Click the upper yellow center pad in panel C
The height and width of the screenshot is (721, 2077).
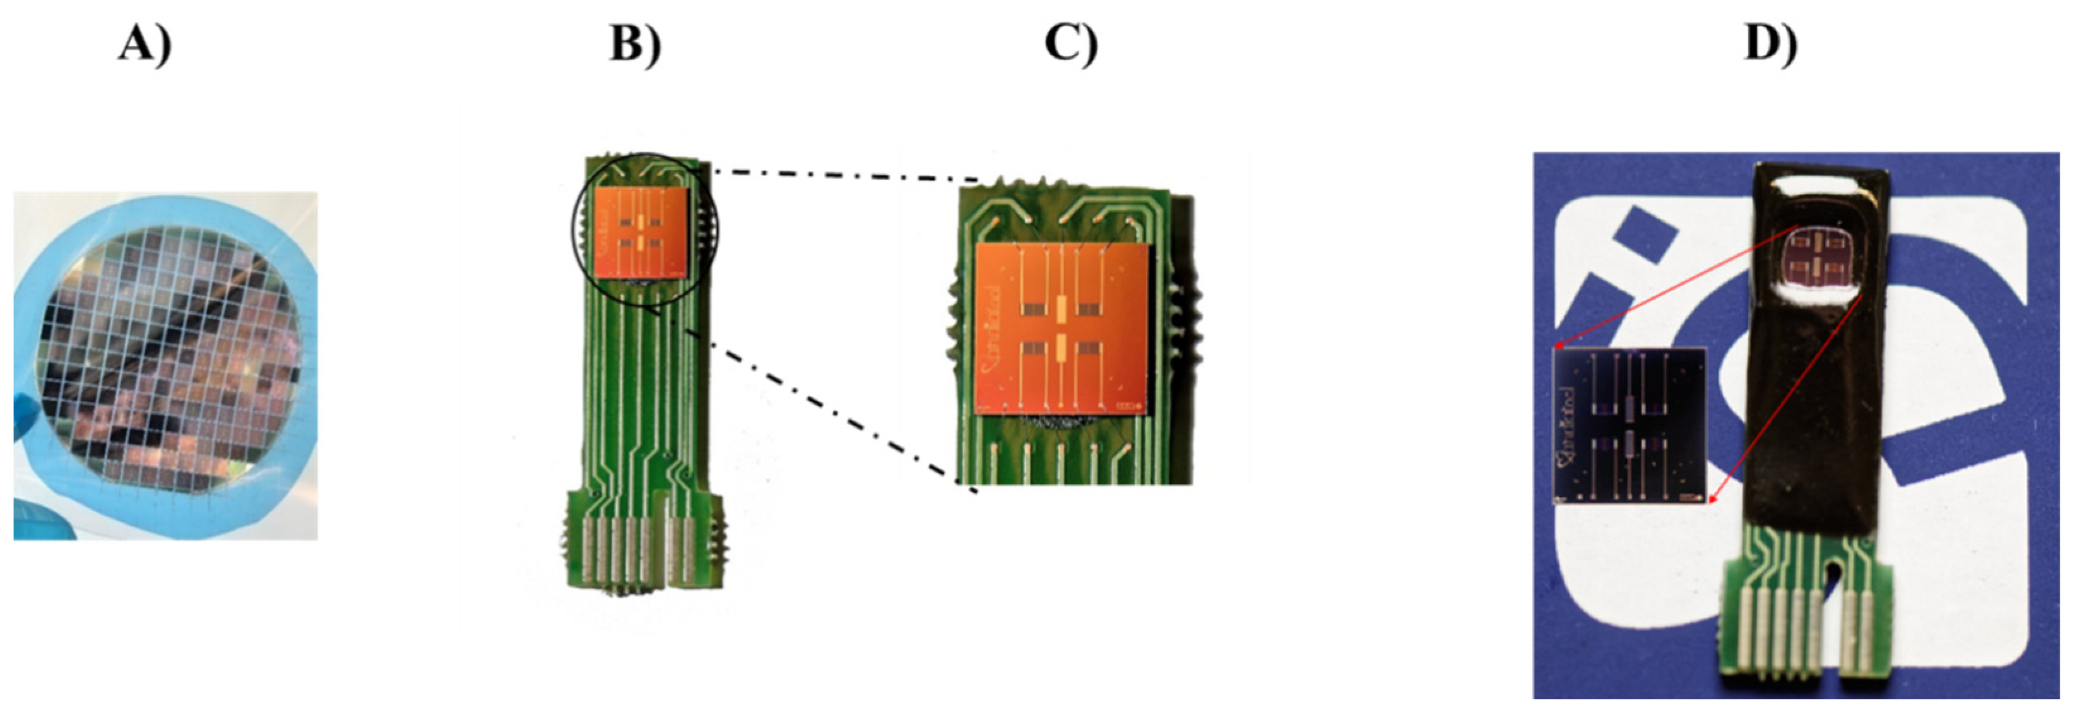click(1060, 308)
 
